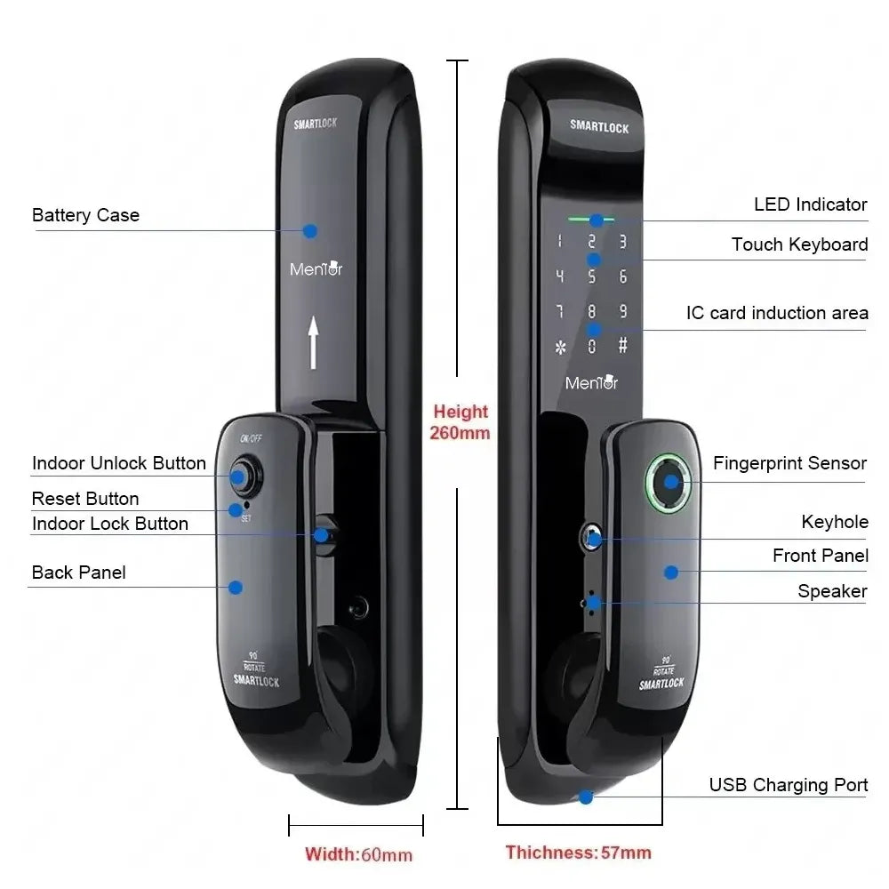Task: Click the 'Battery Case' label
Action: point(85,215)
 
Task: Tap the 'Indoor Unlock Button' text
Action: point(119,463)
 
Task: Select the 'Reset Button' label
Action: point(85,499)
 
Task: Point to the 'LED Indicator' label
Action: point(810,204)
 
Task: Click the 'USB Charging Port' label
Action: point(788,785)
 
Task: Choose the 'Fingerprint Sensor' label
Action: point(789,463)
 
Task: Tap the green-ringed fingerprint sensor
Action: point(669,483)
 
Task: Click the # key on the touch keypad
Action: point(622,345)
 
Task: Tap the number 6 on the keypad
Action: point(622,276)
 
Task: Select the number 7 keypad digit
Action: point(560,311)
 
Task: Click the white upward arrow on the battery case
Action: point(313,342)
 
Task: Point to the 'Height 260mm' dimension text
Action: point(460,422)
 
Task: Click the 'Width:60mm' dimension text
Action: point(358,854)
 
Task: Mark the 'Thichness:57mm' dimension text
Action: point(579,853)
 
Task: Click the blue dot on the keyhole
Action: point(594,540)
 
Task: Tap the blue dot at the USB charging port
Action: point(586,797)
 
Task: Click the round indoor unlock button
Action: point(245,475)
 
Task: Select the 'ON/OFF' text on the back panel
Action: point(251,438)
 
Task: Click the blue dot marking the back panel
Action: point(236,588)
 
